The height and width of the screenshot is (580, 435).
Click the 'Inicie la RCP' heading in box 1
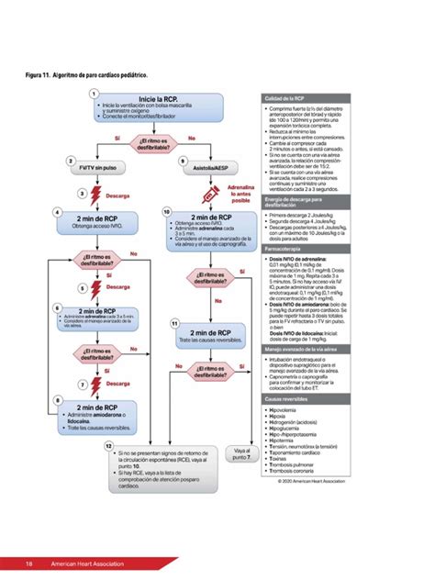click(158, 98)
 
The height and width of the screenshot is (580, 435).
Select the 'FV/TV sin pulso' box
click(97, 169)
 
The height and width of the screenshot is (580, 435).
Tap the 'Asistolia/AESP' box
click(210, 169)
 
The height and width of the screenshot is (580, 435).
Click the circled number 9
click(184, 161)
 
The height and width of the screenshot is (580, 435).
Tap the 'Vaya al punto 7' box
click(241, 453)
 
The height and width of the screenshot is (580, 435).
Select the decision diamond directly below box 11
click(210, 369)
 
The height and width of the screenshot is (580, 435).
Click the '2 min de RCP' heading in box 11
click(210, 332)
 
